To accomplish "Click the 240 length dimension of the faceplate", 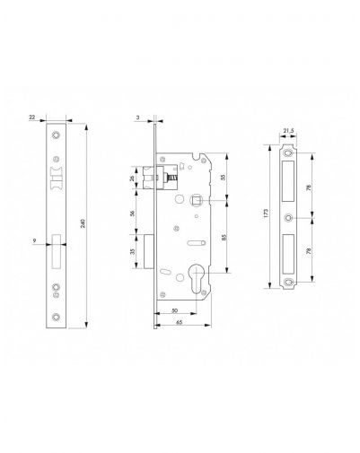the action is click(x=83, y=223).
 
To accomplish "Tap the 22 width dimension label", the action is click(x=31, y=118).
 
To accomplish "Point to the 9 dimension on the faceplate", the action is click(x=35, y=240).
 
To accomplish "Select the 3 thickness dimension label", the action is click(x=137, y=118).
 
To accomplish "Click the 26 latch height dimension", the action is click(x=132, y=179).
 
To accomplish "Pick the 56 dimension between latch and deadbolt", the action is click(x=132, y=213).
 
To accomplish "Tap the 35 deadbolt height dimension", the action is click(x=132, y=251).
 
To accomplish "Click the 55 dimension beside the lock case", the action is click(x=223, y=177).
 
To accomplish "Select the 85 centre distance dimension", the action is click(x=224, y=237).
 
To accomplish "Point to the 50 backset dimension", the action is click(x=175, y=310).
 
